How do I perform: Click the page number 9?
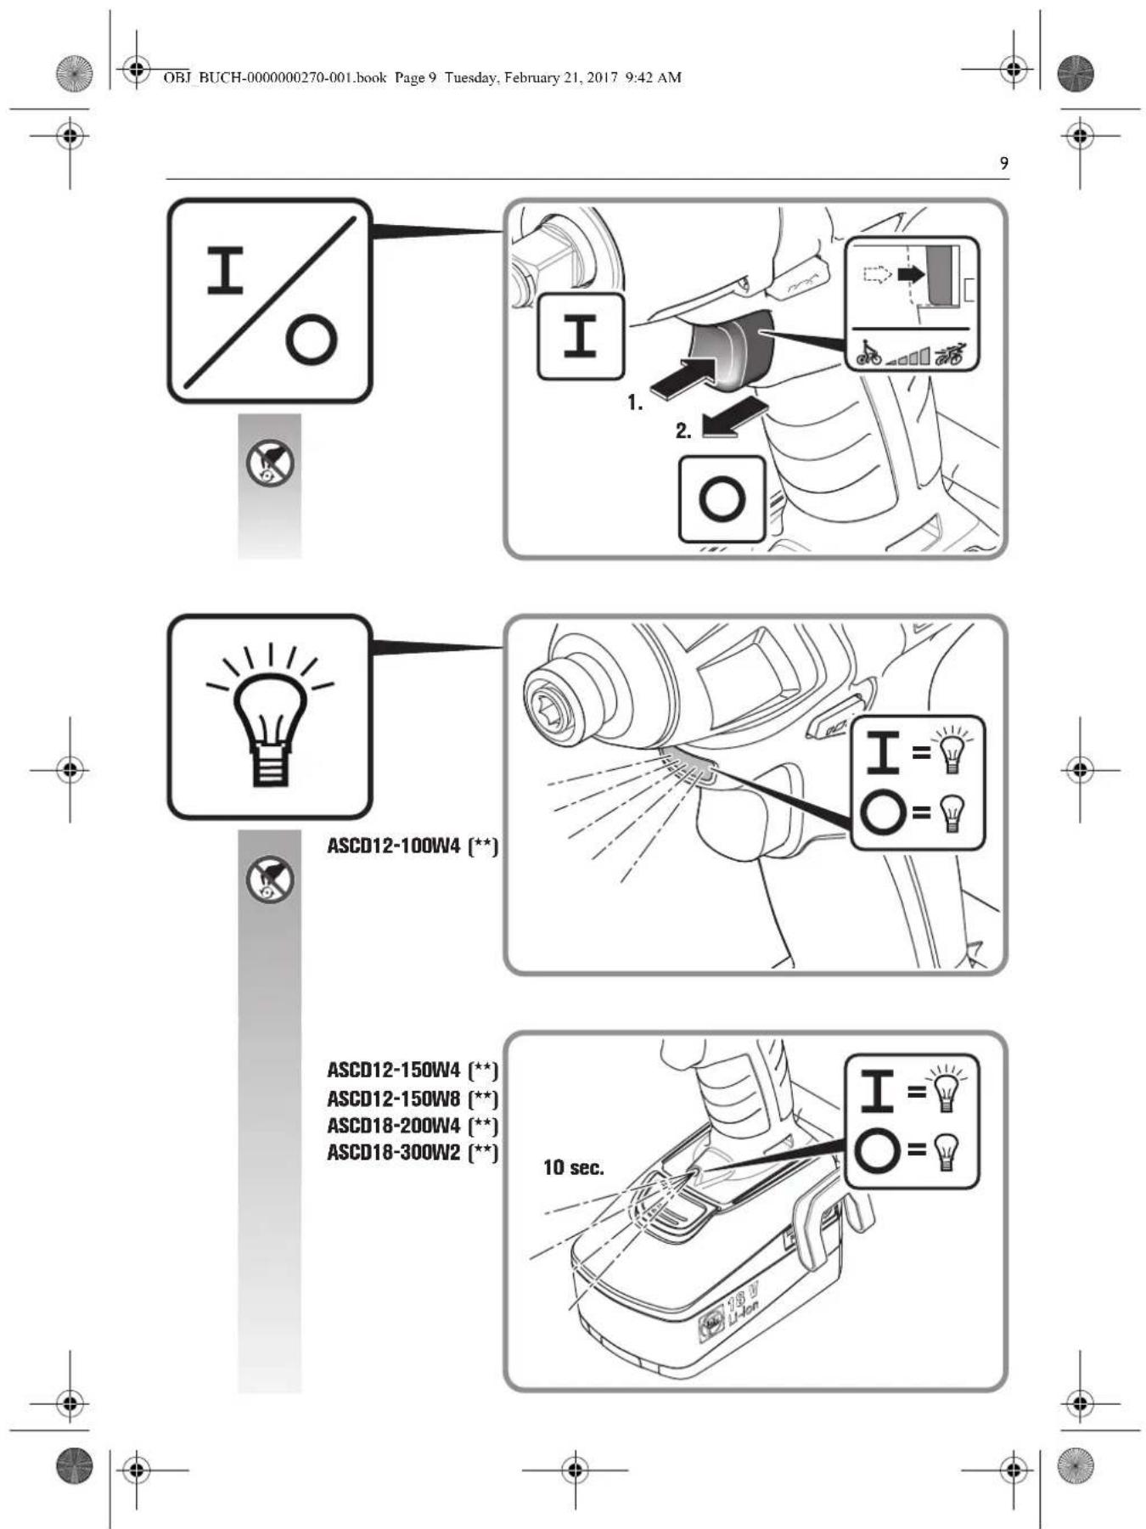(1004, 163)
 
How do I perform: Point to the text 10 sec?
(573, 1168)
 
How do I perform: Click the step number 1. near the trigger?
(635, 402)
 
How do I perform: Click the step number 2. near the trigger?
(683, 431)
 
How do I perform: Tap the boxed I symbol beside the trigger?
(581, 336)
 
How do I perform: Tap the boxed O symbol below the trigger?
(722, 498)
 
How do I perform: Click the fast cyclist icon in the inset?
(950, 353)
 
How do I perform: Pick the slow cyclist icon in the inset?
(868, 353)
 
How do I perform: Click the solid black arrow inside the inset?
(911, 274)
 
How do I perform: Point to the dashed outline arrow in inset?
(875, 274)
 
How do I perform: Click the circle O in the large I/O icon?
(311, 340)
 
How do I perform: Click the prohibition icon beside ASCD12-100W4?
(270, 880)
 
